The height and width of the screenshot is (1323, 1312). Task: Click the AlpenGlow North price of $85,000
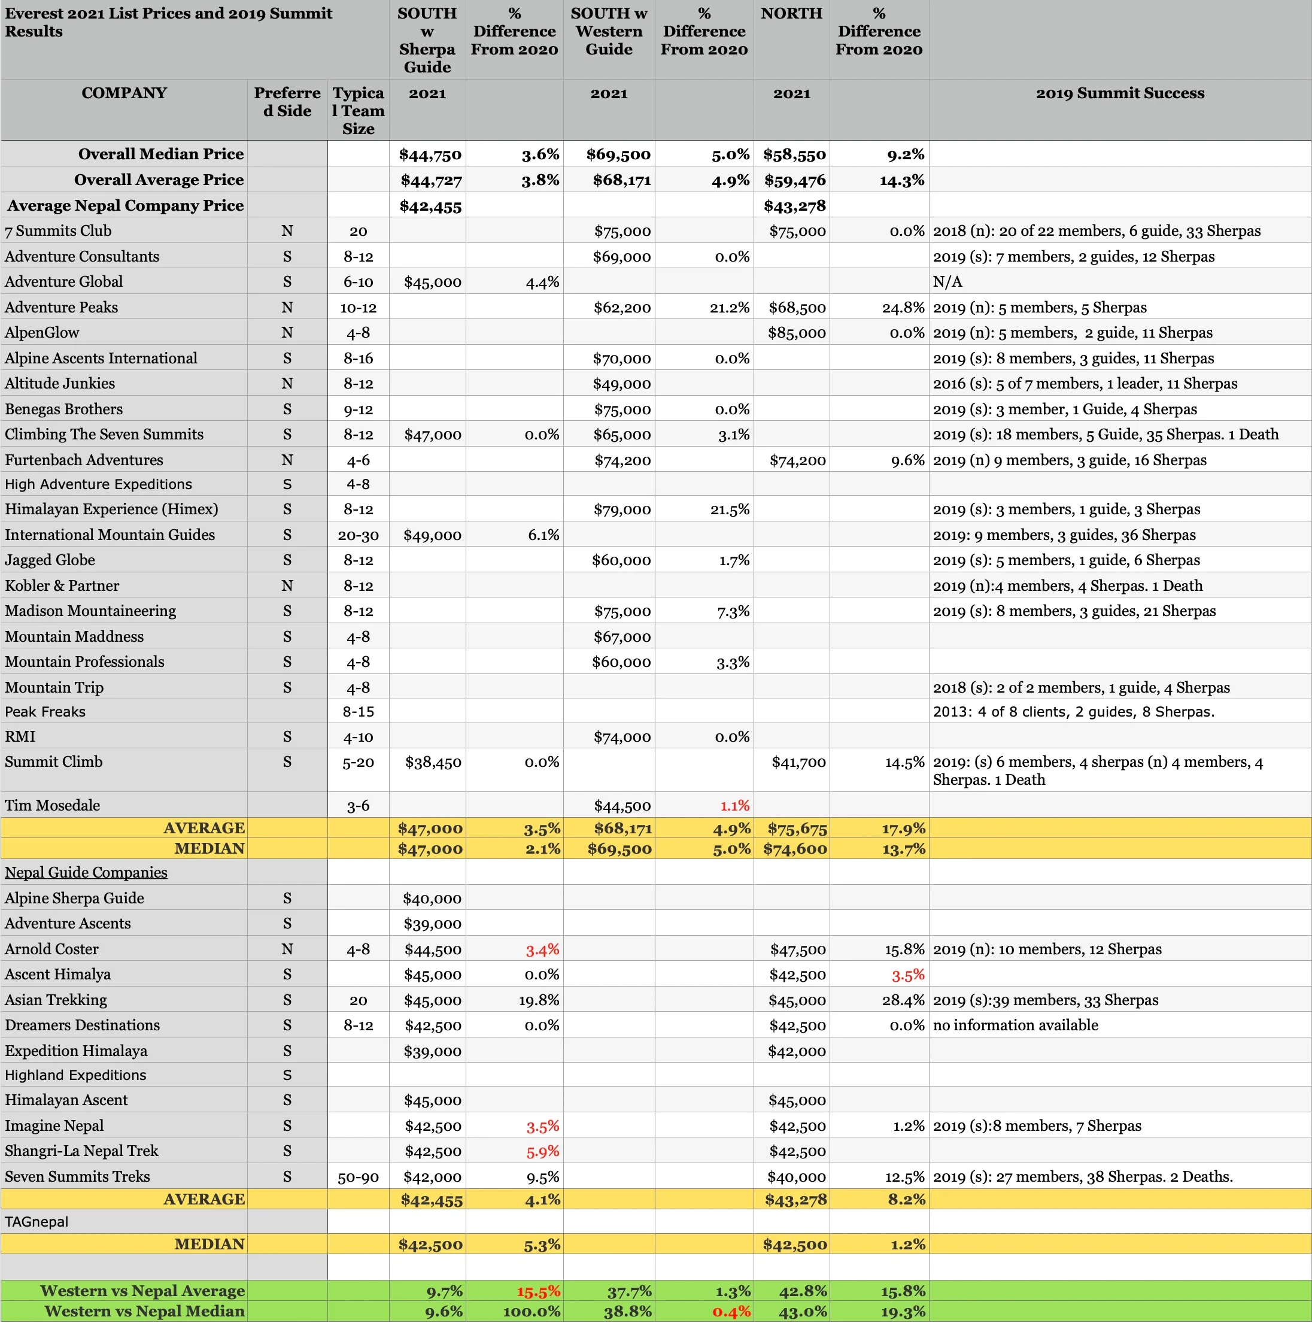click(797, 333)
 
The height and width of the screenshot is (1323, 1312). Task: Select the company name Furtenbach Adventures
click(84, 460)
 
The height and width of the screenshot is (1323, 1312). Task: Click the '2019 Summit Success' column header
click(1120, 93)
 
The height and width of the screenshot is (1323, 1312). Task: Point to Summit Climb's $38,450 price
click(433, 762)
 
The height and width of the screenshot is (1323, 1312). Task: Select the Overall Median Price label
click(160, 154)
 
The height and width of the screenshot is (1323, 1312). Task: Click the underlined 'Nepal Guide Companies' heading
click(86, 872)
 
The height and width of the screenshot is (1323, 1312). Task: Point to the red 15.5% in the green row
click(538, 1291)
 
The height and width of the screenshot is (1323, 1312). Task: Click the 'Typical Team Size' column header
click(358, 110)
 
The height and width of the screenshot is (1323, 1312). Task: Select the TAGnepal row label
click(37, 1222)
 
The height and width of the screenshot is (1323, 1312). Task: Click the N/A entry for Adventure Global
click(947, 282)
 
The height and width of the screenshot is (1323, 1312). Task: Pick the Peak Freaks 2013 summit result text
click(1073, 712)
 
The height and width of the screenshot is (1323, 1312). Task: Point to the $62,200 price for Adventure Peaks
click(621, 308)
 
